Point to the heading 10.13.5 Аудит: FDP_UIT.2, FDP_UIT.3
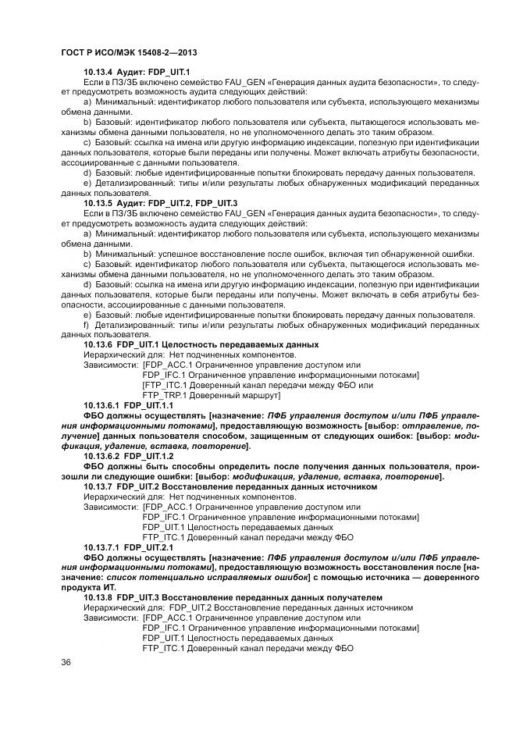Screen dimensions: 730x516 coord(161,203)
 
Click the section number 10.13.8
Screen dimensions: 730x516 coord(98,597)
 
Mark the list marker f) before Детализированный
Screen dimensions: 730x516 coord(87,324)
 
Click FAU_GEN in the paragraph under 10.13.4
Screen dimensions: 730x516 coord(246,82)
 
